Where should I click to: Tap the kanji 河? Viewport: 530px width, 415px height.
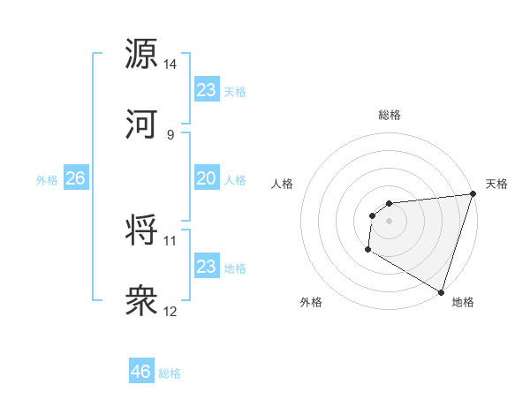[141, 124]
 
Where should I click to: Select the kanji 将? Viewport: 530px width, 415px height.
[141, 230]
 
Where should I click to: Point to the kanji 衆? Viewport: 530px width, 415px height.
[141, 301]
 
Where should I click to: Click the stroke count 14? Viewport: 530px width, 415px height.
[170, 64]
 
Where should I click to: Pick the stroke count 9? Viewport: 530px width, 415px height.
[170, 135]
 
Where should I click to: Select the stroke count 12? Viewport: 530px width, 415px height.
[170, 312]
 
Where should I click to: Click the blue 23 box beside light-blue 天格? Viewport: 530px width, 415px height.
[207, 90]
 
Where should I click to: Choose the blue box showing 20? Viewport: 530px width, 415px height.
[207, 178]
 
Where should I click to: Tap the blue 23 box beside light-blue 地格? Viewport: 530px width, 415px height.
[207, 267]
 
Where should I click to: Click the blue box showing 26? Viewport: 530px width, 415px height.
[76, 178]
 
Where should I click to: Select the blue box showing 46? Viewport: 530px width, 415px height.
[141, 372]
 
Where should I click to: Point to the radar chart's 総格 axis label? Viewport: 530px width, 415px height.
[390, 115]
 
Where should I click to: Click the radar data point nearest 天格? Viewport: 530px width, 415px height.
[473, 194]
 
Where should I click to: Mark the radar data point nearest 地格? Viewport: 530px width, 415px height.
[441, 291]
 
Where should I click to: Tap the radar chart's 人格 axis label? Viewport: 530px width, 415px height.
[283, 185]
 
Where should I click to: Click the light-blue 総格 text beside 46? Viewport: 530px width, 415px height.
[170, 373]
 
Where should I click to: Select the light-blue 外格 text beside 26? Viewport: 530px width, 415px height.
[47, 179]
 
